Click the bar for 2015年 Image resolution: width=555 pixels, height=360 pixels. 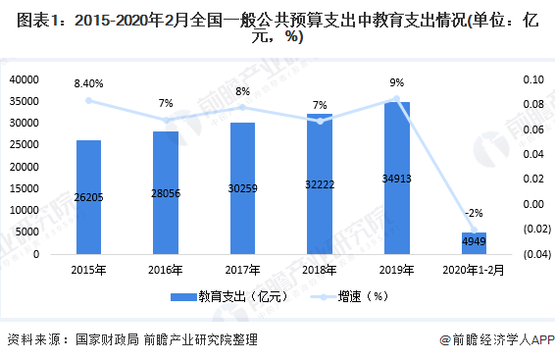[x=88, y=196]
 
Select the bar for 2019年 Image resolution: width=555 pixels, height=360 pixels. [x=396, y=178]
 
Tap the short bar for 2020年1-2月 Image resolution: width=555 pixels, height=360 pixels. [x=474, y=243]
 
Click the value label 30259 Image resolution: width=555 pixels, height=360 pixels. [x=242, y=187]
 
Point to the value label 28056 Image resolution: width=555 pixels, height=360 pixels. [x=165, y=192]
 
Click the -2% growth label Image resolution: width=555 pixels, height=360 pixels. [x=475, y=213]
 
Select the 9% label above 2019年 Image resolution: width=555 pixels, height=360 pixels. [x=396, y=82]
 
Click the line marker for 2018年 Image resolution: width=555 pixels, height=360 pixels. [x=320, y=121]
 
